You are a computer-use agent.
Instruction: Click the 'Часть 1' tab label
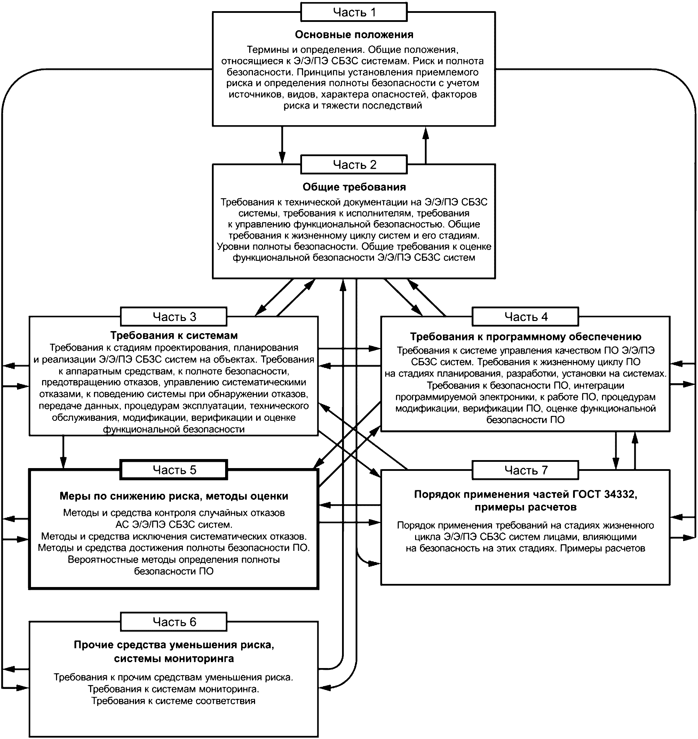tap(354, 12)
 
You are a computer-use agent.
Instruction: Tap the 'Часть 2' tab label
tap(354, 164)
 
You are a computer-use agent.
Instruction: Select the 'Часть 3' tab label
tap(174, 316)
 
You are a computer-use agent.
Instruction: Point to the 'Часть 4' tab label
tap(526, 316)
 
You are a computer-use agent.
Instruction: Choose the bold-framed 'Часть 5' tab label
tap(174, 470)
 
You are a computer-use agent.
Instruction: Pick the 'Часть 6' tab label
tap(174, 622)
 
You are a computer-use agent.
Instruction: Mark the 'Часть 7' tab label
tap(526, 470)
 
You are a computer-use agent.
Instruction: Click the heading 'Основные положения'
tap(354, 34)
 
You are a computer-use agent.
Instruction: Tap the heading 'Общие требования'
tap(354, 187)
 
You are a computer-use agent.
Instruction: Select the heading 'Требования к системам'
tap(174, 336)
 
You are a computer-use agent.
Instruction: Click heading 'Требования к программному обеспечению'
tap(526, 337)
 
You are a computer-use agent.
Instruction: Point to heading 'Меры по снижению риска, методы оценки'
tap(174, 496)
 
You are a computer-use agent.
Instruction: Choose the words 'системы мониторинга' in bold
tap(174, 659)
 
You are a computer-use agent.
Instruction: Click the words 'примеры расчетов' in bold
tap(526, 507)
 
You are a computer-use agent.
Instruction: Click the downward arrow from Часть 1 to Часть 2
tap(282, 145)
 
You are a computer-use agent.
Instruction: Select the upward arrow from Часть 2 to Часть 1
tap(426, 145)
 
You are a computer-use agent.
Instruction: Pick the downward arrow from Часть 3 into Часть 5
tap(63, 452)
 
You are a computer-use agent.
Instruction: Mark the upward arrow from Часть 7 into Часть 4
tap(635, 450)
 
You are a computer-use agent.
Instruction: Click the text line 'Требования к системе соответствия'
tap(174, 701)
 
